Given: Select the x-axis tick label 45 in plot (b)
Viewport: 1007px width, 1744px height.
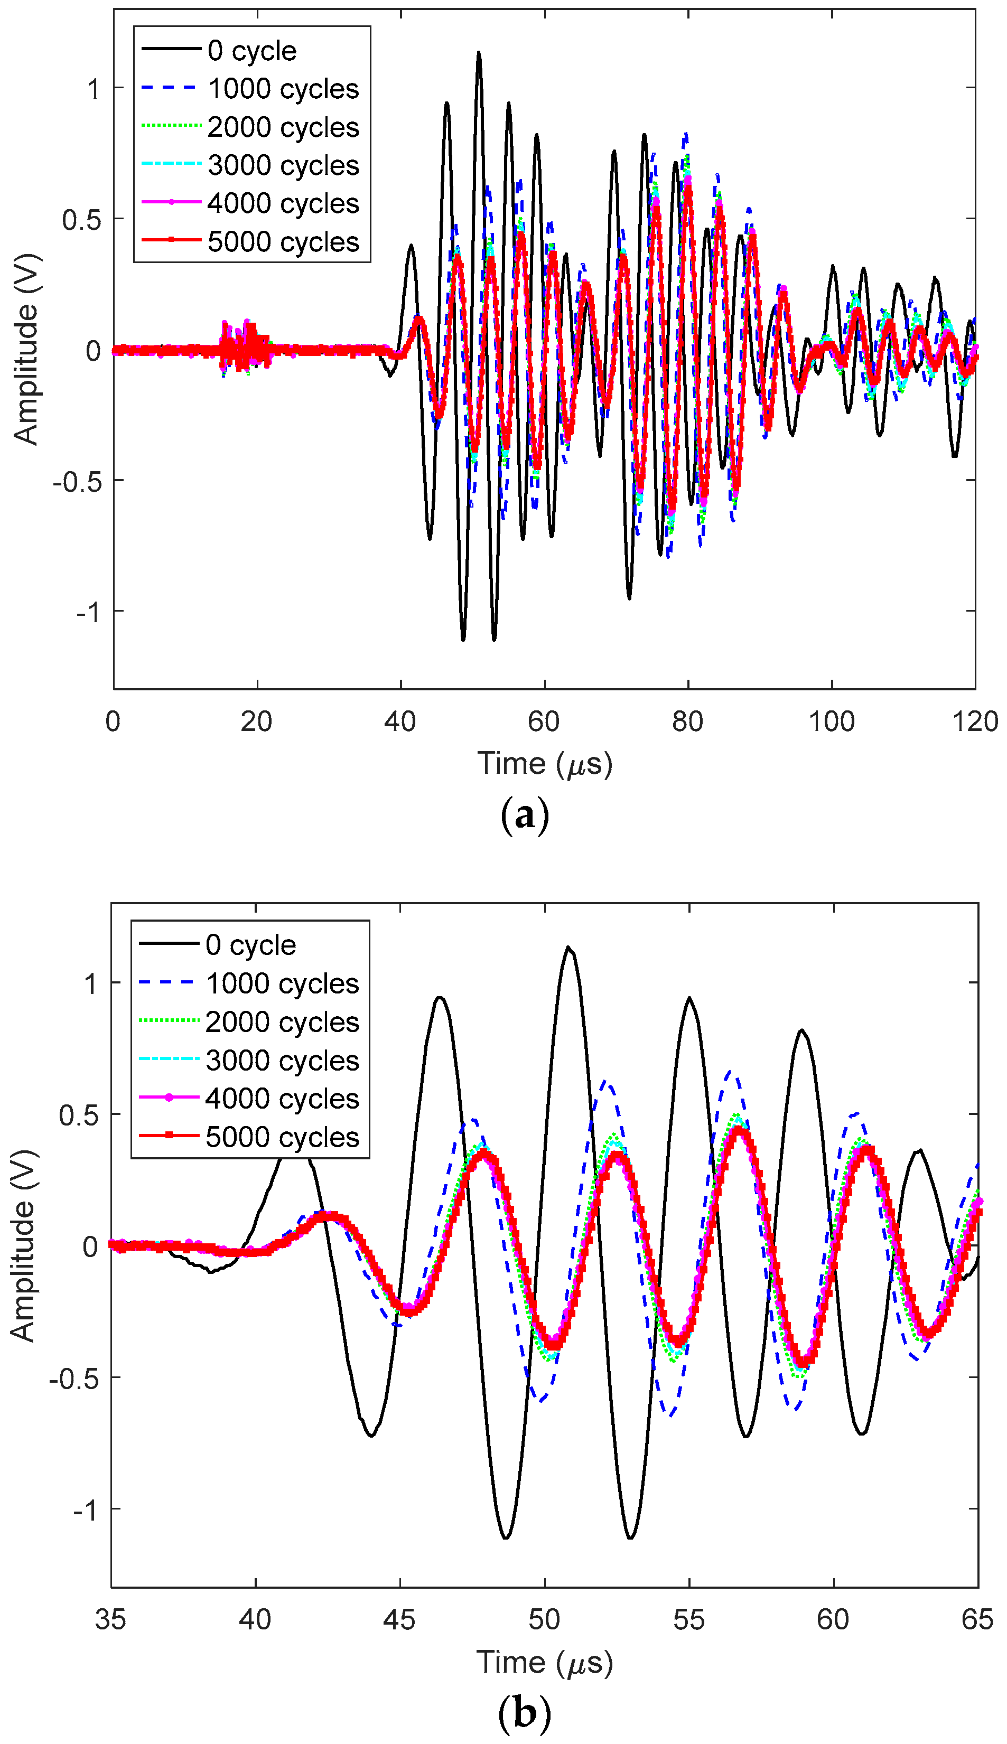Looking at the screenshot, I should pyautogui.click(x=400, y=1619).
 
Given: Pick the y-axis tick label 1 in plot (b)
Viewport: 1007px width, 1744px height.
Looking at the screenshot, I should pyautogui.click(x=90, y=983).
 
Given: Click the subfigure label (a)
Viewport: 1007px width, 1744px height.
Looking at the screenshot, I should pyautogui.click(x=524, y=815).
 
